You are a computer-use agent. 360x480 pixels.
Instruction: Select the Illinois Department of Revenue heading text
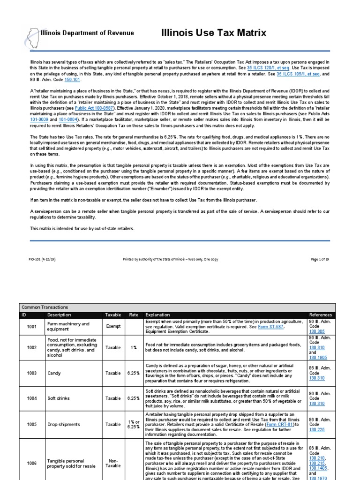(87, 33)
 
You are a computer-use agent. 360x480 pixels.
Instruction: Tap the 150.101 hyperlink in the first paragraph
(79, 80)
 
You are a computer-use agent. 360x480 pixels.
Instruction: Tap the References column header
(321, 315)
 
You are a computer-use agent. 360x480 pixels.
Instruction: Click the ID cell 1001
(32, 327)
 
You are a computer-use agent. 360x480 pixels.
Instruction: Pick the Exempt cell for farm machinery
(112, 327)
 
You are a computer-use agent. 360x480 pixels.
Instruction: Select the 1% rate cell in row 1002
(134, 348)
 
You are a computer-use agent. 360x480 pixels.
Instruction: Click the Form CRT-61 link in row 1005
(269, 424)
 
